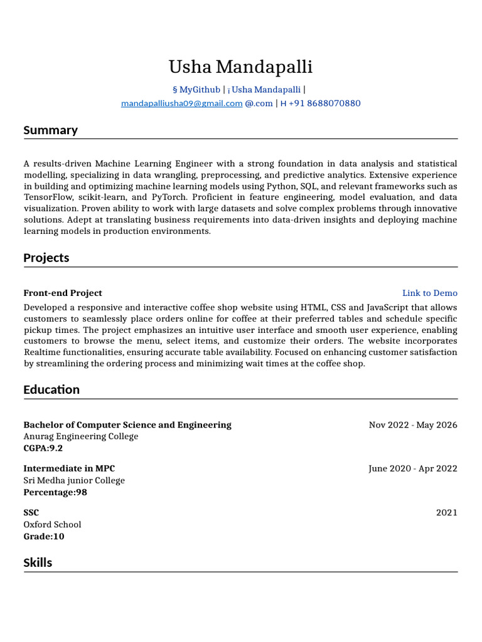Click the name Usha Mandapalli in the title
coord(240,67)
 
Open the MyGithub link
coord(200,90)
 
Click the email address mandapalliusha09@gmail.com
coord(181,103)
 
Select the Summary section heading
coord(50,130)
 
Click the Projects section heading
coord(46,258)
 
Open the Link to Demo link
coord(429,293)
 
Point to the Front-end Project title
coord(63,293)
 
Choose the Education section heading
coord(51,390)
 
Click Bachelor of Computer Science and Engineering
coord(127,425)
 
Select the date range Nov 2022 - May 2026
coord(413,425)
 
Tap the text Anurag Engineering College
coord(81,436)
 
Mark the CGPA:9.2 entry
coord(43,448)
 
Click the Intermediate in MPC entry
coord(69,469)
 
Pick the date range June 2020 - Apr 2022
coord(412,469)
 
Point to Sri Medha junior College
coord(74,481)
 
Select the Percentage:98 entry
coord(55,492)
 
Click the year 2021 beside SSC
coord(446,513)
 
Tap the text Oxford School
coord(52,525)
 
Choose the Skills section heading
coord(38,563)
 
